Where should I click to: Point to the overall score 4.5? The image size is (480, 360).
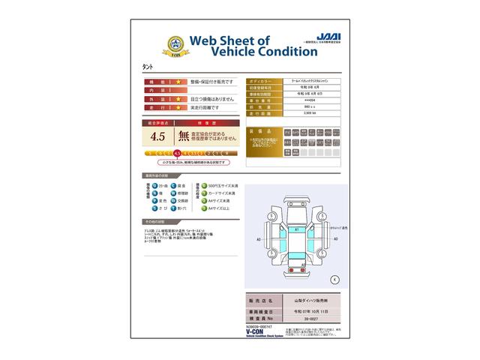coord(157,136)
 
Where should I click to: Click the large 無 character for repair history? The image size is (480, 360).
coord(184,136)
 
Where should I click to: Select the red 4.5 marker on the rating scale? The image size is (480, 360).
coord(177,152)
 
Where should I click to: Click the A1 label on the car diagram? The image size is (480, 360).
coord(296,228)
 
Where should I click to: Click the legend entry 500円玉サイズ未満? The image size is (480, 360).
coord(223,184)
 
